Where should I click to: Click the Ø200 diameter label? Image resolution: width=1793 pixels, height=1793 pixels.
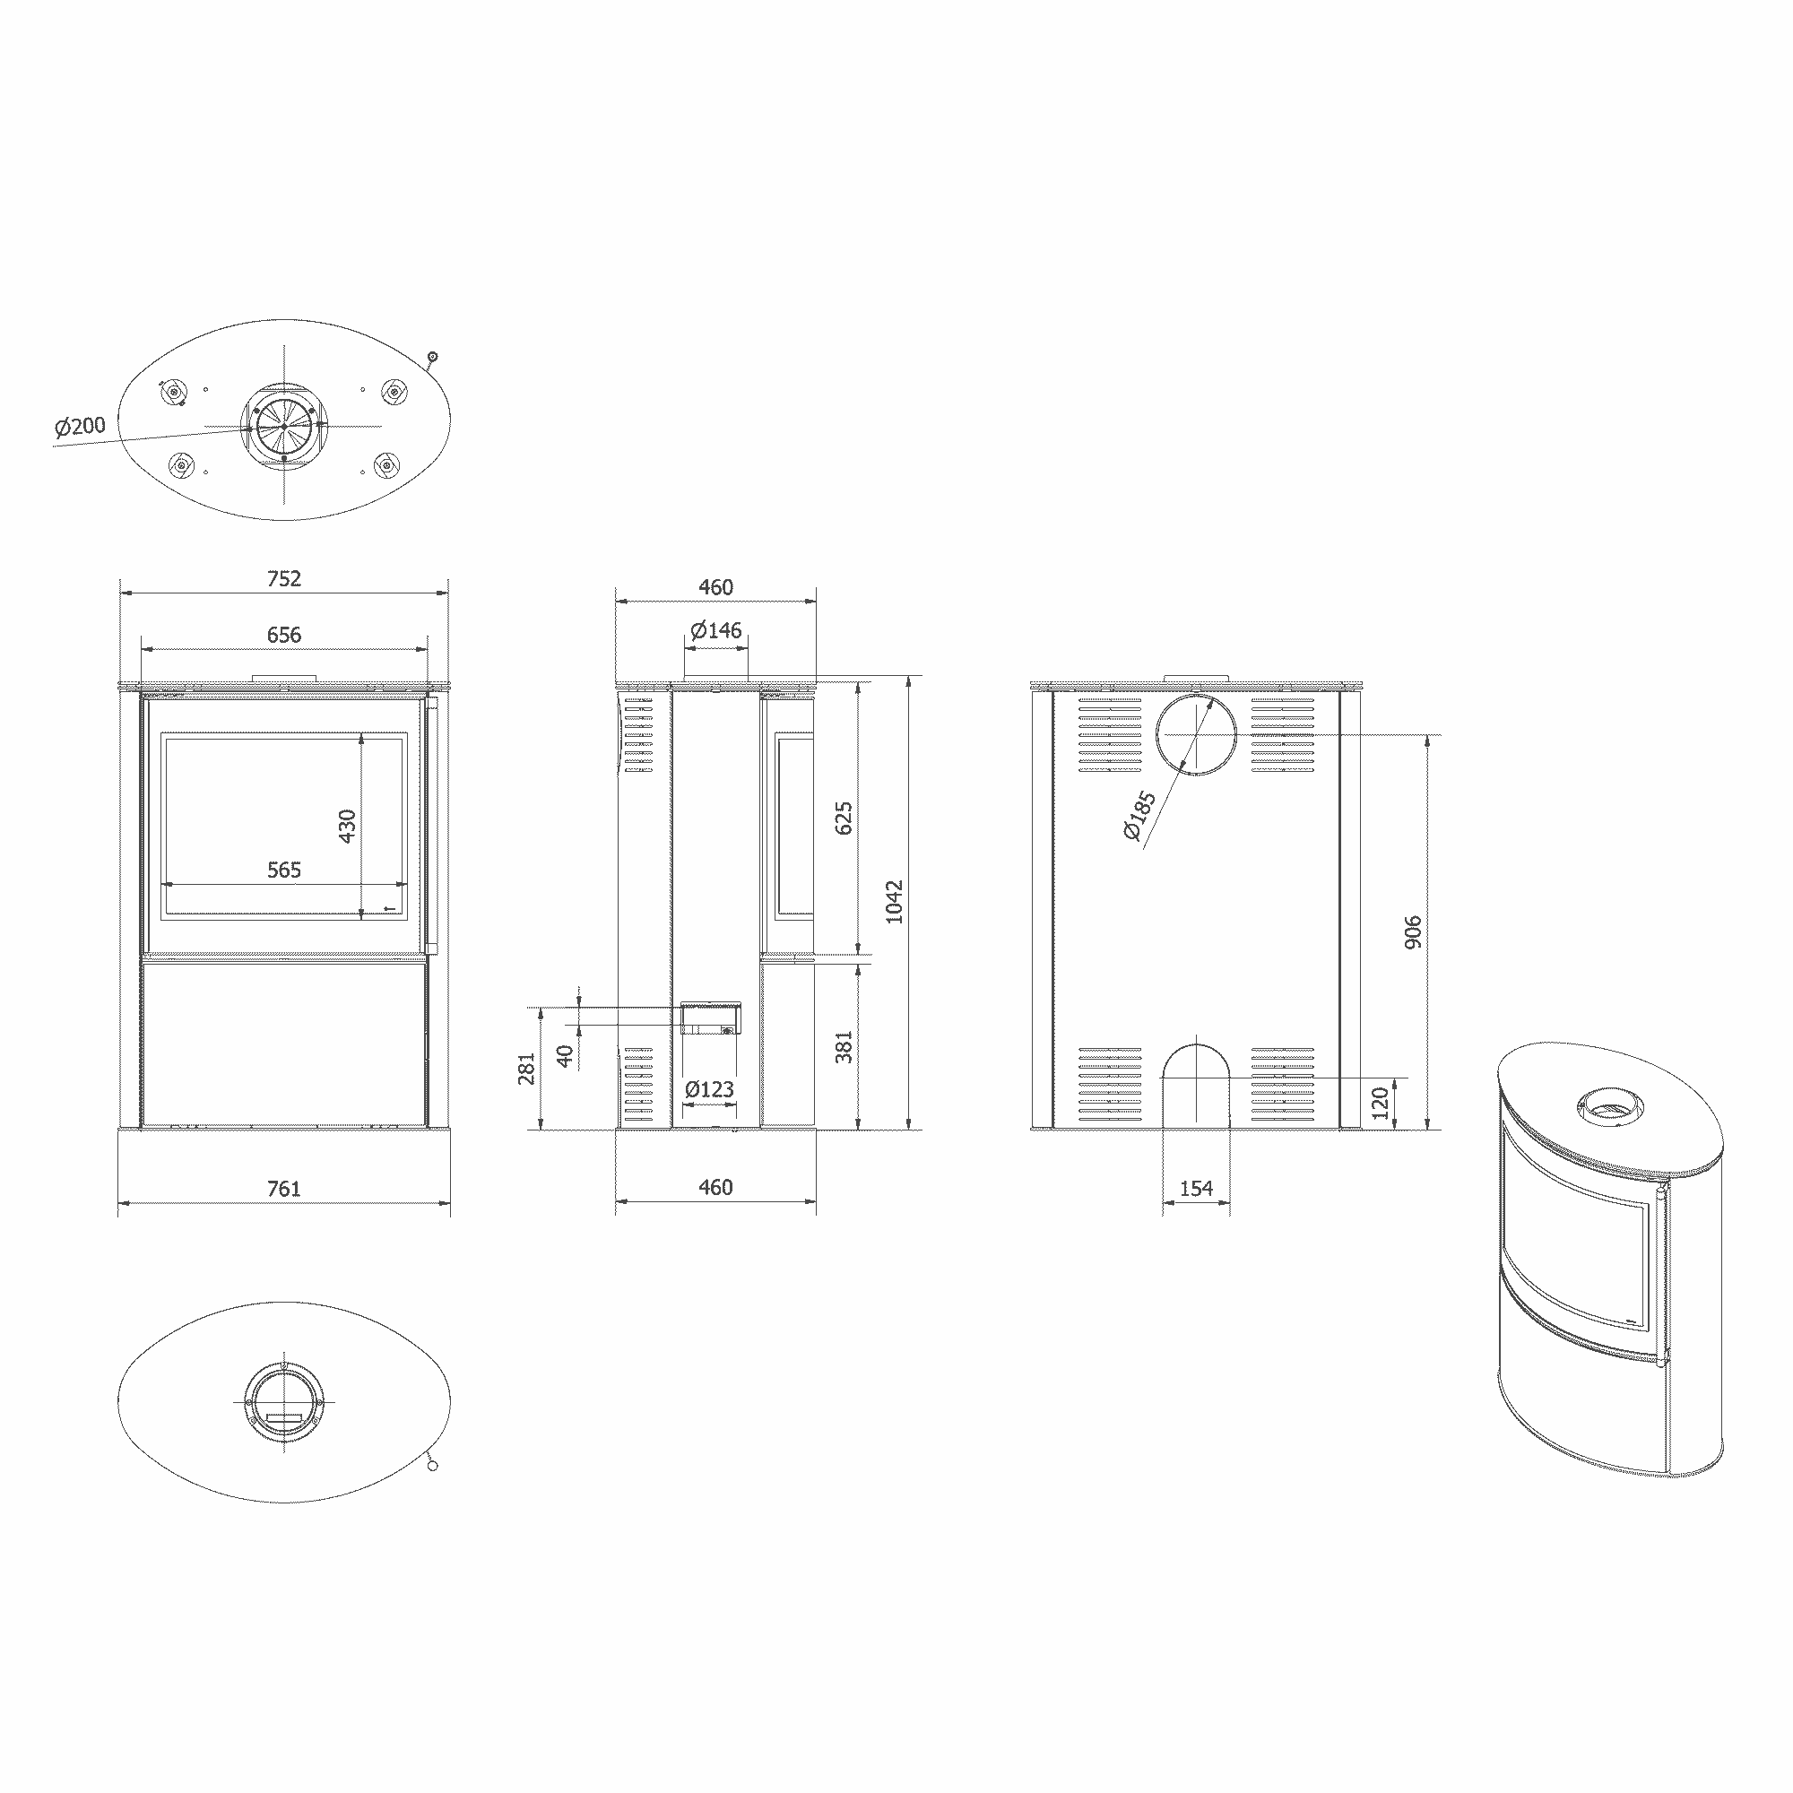[x=80, y=426]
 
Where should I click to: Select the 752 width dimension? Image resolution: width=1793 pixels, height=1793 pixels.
[x=284, y=578]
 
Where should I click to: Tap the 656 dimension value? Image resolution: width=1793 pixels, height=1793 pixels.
[x=284, y=635]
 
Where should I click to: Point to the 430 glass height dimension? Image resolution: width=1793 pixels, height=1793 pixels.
[x=347, y=826]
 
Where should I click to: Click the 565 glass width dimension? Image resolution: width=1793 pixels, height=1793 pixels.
[x=284, y=870]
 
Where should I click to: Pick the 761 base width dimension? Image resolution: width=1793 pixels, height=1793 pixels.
[x=284, y=1188]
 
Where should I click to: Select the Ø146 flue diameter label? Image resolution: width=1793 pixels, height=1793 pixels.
[x=715, y=630]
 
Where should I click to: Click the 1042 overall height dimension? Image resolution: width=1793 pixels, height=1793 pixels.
[x=894, y=901]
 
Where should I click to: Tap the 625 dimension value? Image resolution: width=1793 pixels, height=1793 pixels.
[x=844, y=818]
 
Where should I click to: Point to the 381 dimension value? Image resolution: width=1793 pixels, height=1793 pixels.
[x=844, y=1047]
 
